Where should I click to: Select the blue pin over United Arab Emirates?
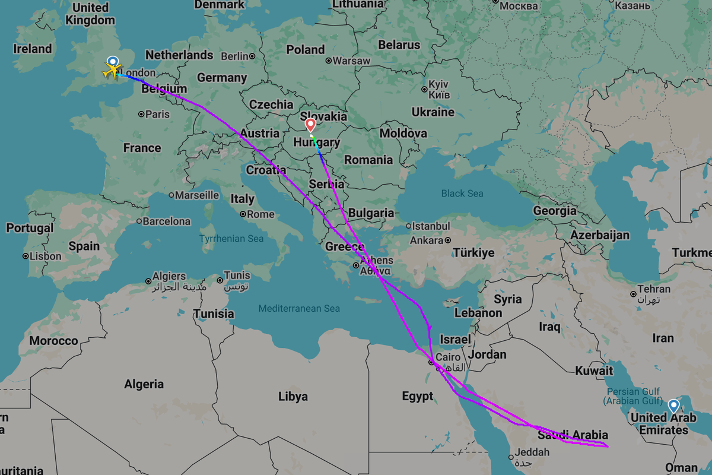point(673,406)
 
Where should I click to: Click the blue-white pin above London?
point(112,61)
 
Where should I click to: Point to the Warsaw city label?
point(351,61)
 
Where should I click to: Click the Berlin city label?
point(235,56)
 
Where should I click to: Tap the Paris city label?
point(157,114)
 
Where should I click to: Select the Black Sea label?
point(462,194)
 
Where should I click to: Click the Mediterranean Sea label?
point(299,308)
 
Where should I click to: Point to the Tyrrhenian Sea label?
point(231,239)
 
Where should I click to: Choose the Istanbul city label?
point(431,226)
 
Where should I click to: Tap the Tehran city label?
point(654,289)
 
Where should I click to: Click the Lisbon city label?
point(45,256)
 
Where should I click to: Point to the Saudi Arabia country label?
point(573,435)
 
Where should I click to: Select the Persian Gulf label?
point(632,392)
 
